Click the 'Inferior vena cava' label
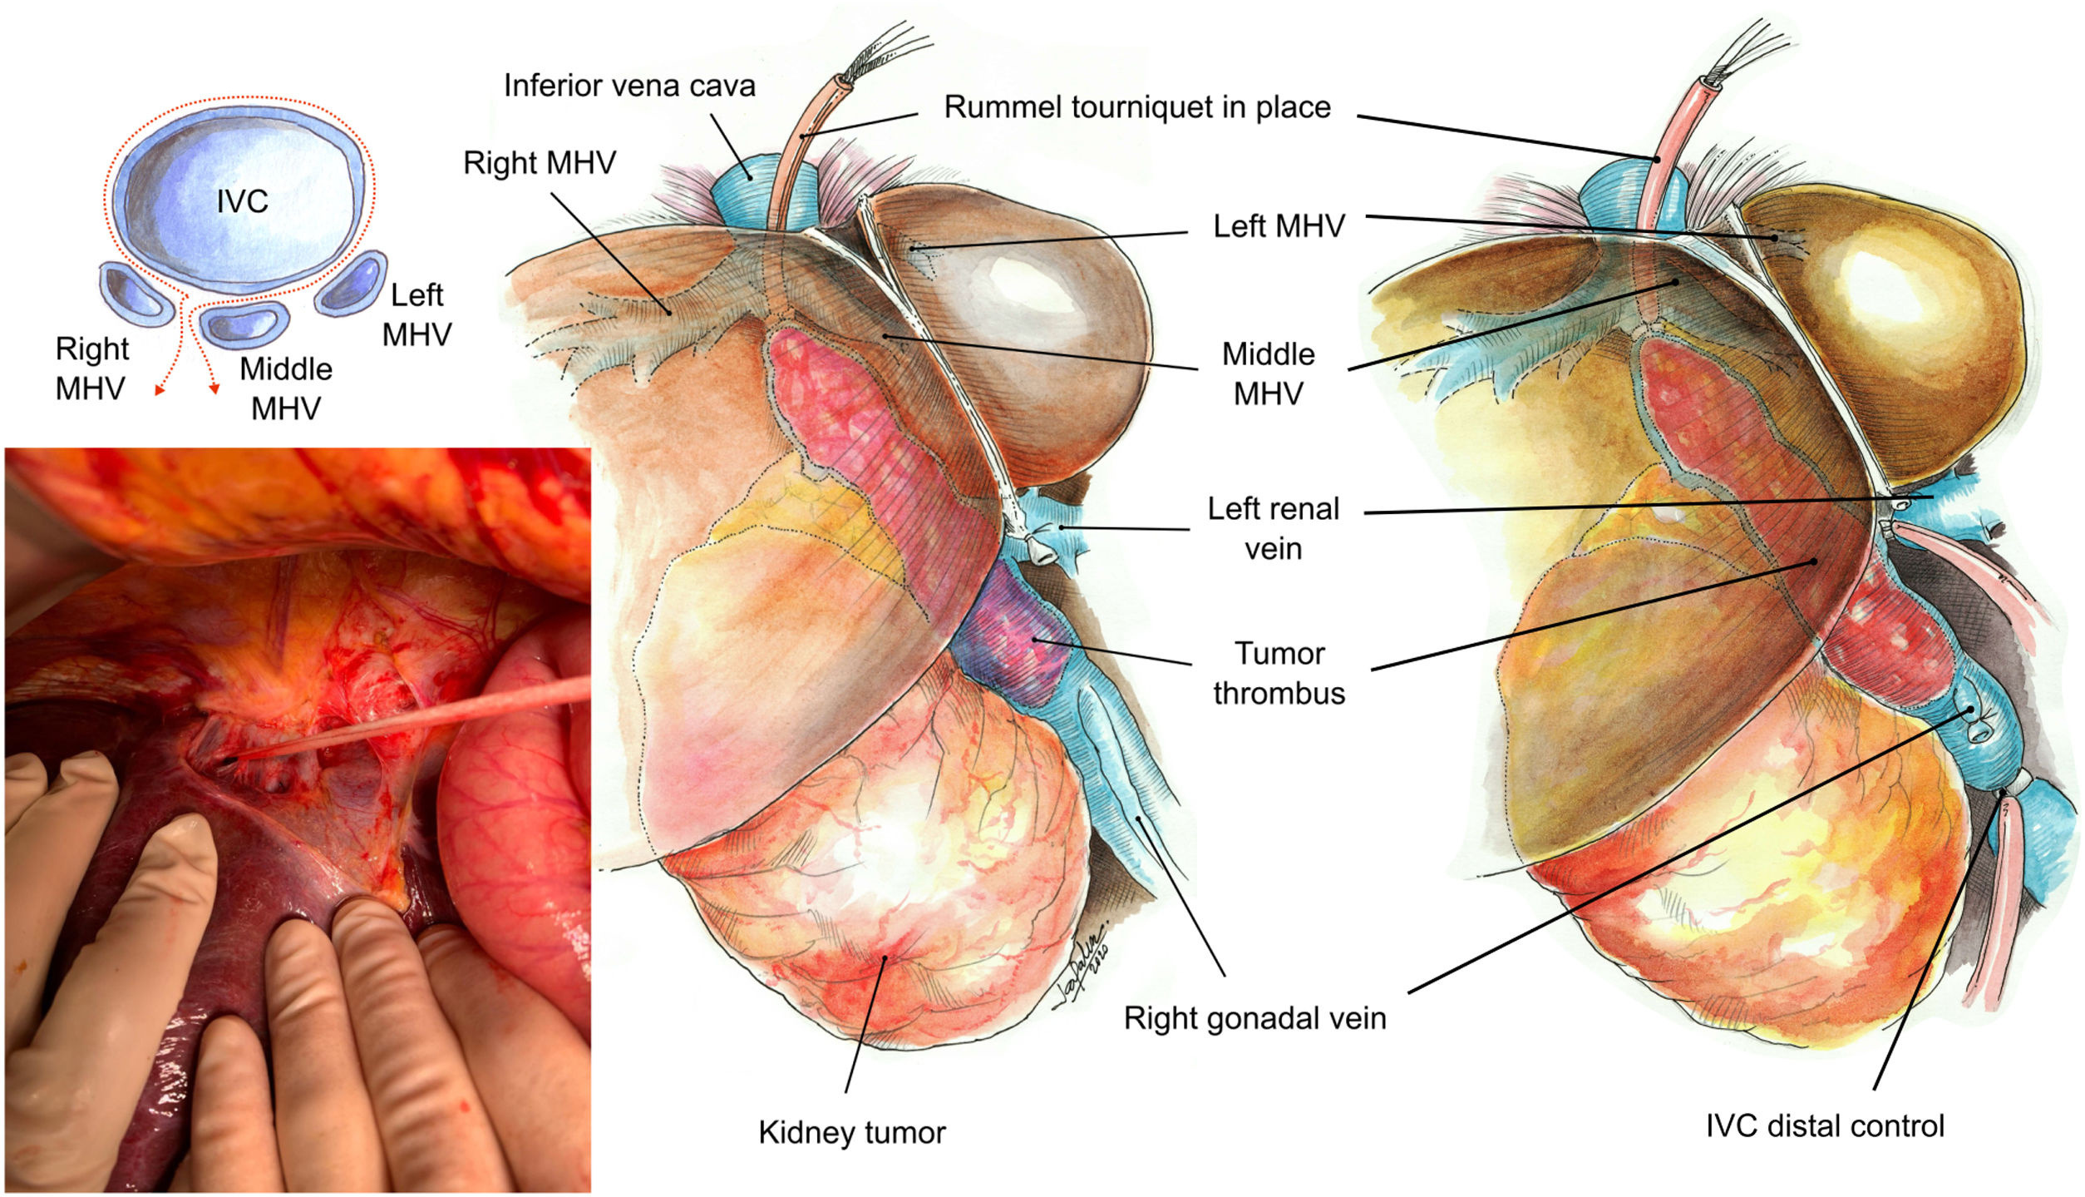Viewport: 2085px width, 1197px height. coord(629,87)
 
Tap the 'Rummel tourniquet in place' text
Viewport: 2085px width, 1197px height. coord(1136,108)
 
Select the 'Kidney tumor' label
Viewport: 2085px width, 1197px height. coord(851,1132)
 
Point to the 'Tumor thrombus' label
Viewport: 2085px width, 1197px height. coord(1279,673)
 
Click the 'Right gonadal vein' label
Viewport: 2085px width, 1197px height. coord(1254,1018)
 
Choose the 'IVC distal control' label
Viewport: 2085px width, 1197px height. coord(1825,1126)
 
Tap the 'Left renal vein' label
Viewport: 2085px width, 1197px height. coord(1273,529)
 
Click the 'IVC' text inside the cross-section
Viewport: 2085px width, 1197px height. coord(242,201)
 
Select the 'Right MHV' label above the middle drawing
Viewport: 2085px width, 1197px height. coord(540,163)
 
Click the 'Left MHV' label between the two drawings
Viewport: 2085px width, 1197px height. coord(1279,226)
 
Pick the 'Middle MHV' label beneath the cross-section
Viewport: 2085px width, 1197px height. coord(286,388)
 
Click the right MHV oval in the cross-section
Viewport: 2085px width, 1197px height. coord(136,293)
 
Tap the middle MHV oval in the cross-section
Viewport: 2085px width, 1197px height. coord(245,323)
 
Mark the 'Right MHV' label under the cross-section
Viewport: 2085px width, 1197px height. coord(91,368)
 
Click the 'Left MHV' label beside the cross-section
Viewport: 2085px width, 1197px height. coord(417,314)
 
